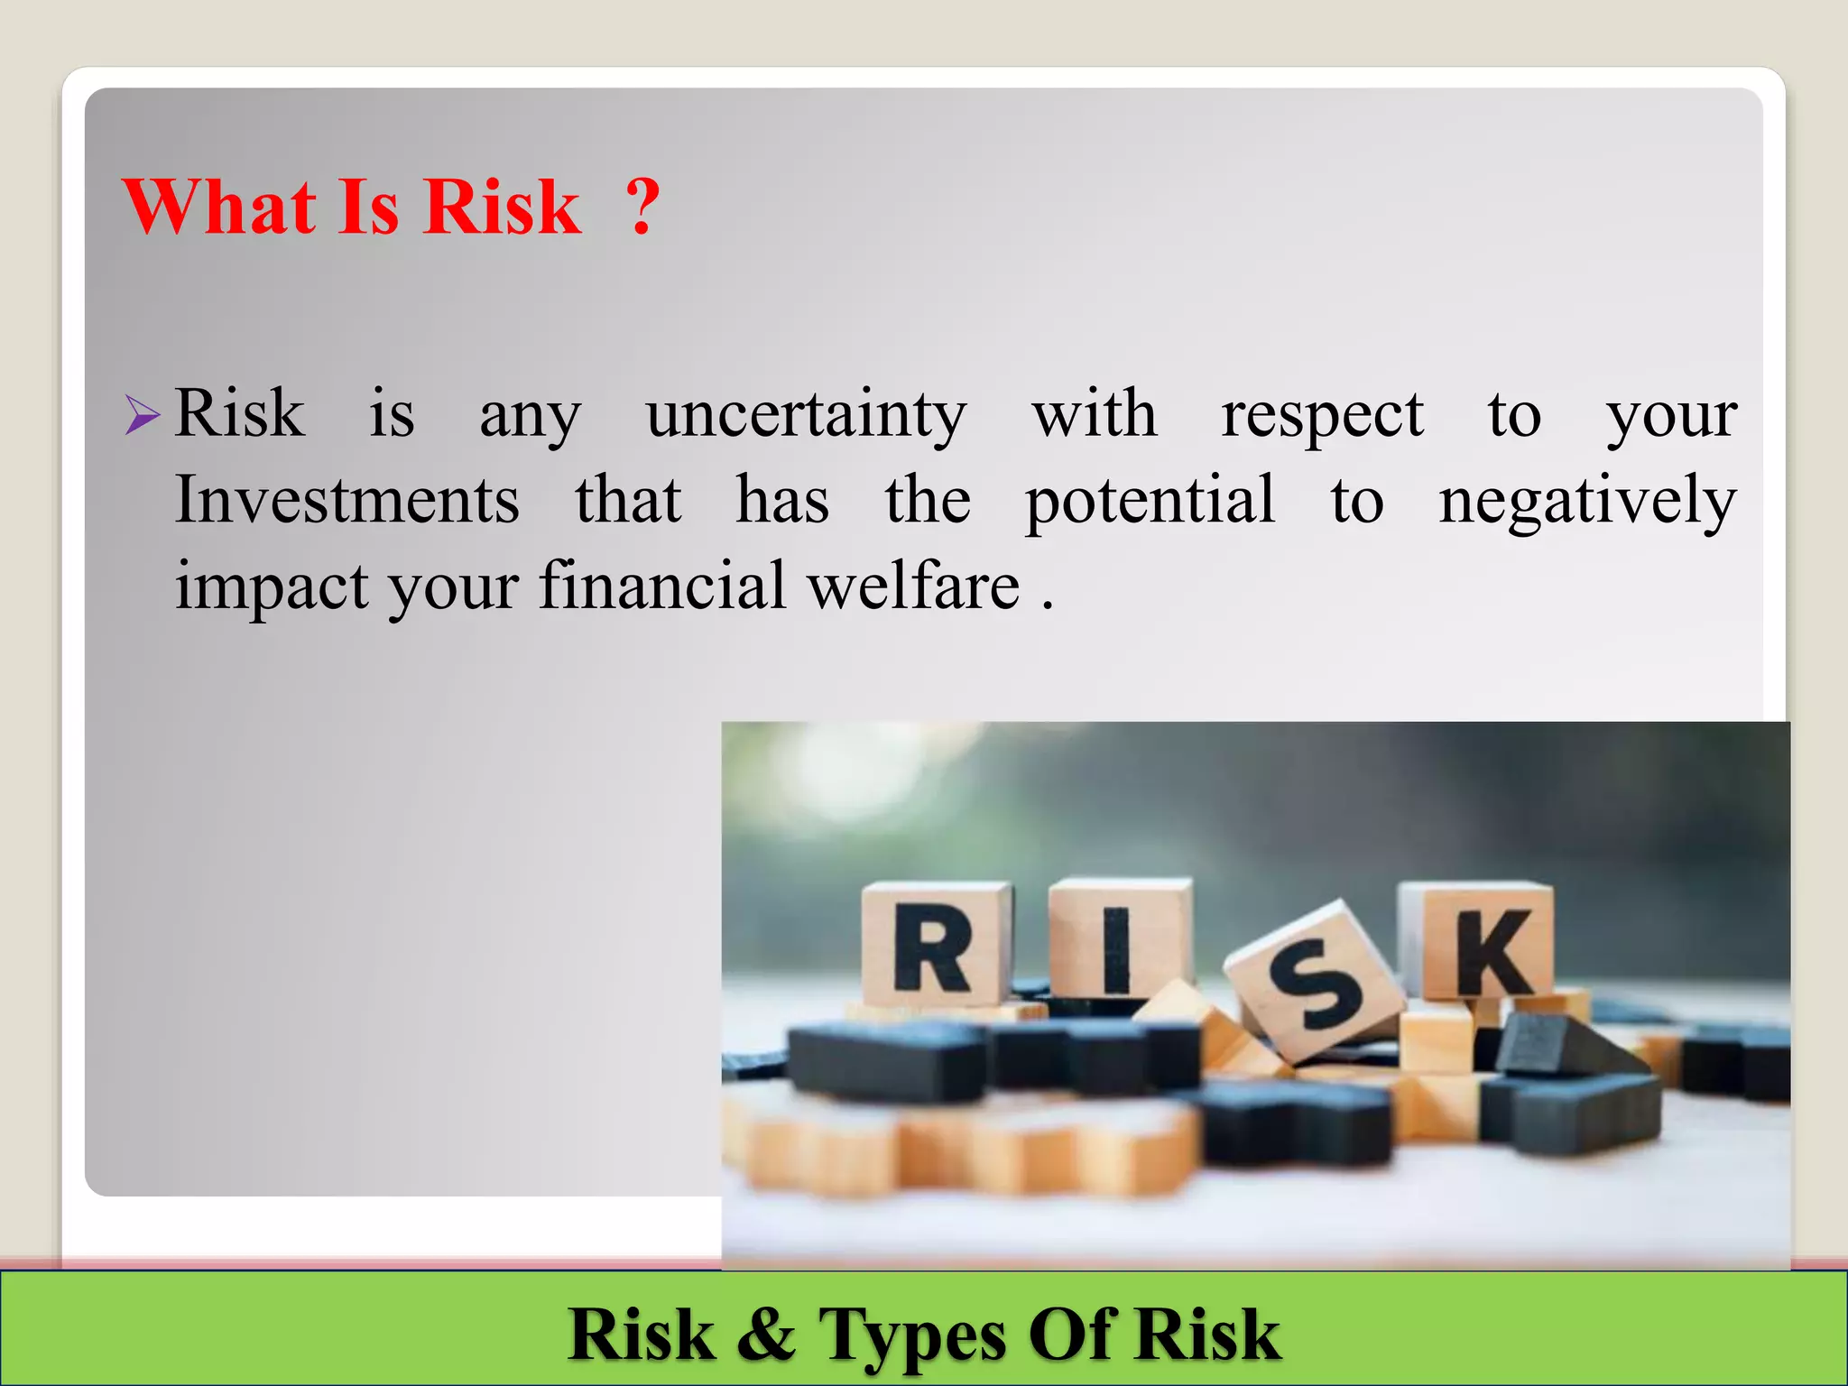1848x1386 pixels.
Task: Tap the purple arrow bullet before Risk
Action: click(143, 415)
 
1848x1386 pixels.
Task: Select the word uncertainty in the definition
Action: click(806, 415)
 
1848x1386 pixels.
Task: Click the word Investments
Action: click(346, 500)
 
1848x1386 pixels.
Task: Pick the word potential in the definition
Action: click(1150, 502)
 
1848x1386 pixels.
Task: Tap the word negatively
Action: click(1587, 502)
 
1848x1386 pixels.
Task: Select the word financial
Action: click(662, 586)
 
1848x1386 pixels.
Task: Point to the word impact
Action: click(272, 587)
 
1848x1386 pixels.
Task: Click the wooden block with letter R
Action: click(935, 945)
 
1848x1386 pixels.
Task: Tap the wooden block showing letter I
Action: click(1117, 940)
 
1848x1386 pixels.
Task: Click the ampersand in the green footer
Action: click(766, 1334)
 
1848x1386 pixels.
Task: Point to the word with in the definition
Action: click(1094, 415)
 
